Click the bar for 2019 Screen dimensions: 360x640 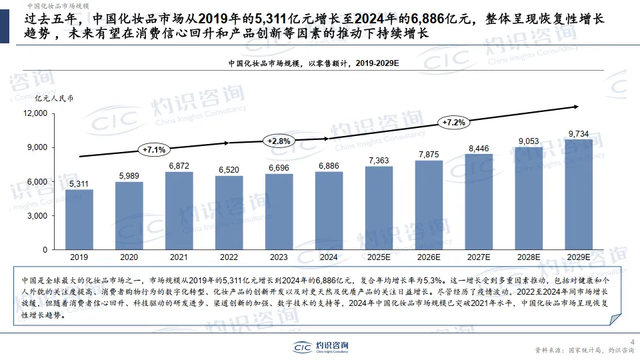[79, 219]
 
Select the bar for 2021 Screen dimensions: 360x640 [179, 211]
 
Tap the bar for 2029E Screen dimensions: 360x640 [578, 194]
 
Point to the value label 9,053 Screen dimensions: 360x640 [529, 141]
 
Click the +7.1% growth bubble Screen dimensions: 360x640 [154, 149]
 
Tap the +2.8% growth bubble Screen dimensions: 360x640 [279, 141]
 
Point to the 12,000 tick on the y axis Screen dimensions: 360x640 [35, 113]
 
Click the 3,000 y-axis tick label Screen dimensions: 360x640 [37, 215]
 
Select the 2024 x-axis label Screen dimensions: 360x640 [329, 257]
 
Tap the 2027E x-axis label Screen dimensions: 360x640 [479, 257]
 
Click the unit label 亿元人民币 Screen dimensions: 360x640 [54, 98]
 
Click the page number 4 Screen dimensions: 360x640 [632, 342]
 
